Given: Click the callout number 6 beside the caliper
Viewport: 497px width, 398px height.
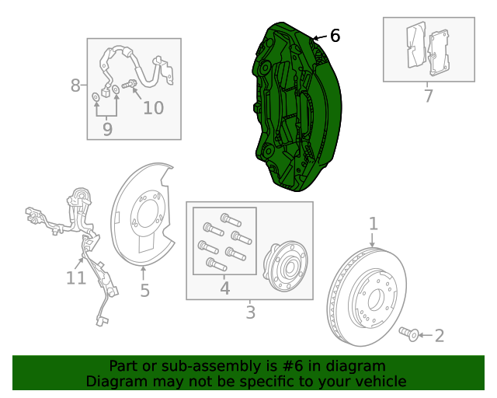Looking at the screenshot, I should [x=335, y=36].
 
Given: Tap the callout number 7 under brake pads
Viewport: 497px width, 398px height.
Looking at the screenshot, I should [x=428, y=96].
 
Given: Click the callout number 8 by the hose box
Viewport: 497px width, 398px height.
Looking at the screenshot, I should [x=75, y=85].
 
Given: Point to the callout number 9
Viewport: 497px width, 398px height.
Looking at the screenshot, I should [x=107, y=129].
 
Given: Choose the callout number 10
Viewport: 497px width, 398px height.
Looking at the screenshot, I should [x=153, y=107].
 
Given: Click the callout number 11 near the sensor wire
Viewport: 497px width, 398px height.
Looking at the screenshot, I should [x=75, y=278].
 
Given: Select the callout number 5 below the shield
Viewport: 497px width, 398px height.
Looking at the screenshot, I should [x=144, y=291].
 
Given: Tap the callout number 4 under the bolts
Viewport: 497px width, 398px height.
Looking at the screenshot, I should [x=224, y=288].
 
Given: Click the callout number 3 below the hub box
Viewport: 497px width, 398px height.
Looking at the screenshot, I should [x=250, y=312].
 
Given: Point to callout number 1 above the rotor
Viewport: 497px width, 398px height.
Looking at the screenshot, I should [x=373, y=224].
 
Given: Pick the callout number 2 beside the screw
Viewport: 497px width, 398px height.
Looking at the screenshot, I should [x=439, y=336].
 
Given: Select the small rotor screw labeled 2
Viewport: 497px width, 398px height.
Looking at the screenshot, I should [x=409, y=334].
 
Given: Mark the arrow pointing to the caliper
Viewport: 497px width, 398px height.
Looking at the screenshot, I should [x=318, y=37].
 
